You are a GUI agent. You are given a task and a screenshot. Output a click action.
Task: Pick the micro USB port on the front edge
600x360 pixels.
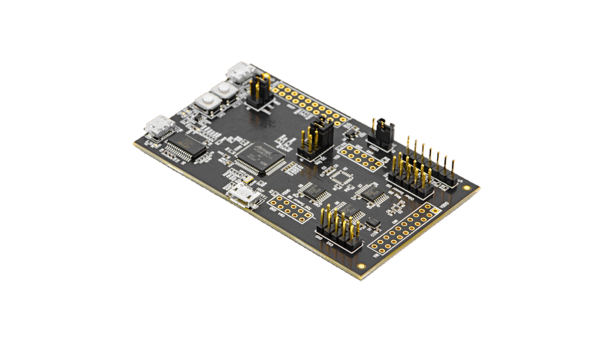point(244,196)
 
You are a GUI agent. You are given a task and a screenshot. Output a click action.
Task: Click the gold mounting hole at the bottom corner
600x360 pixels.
point(361,265)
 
